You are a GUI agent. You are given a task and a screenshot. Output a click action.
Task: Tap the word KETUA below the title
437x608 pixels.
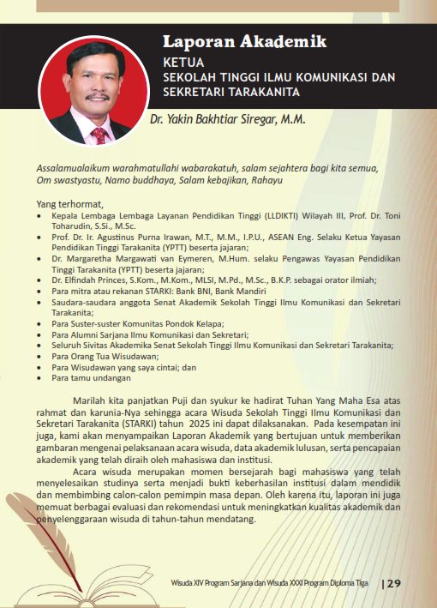tap(183, 62)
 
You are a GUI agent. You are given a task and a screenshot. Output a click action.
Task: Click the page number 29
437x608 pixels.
tap(393, 584)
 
